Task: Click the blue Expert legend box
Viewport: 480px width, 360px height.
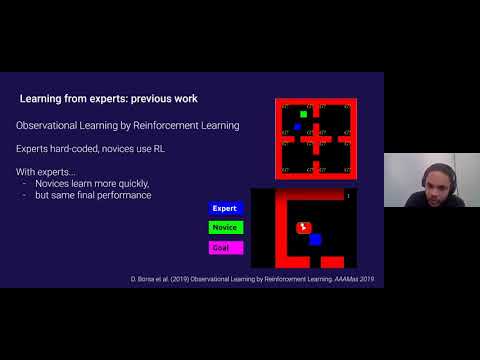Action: click(225, 208)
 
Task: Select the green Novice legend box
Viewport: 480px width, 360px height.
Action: click(225, 227)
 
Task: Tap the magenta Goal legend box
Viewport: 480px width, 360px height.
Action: click(225, 246)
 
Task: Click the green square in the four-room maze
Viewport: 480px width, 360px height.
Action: click(303, 114)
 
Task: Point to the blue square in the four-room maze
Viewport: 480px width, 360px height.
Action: click(297, 127)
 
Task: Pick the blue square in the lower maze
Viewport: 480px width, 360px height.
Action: click(315, 239)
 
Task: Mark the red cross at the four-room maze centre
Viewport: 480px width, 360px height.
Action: click(316, 138)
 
